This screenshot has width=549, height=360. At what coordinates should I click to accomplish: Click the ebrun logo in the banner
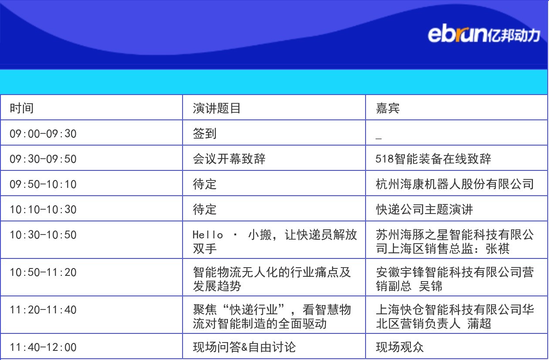484,34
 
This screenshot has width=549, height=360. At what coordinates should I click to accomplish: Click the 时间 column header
22,108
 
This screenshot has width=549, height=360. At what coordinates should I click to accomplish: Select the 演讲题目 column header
217,108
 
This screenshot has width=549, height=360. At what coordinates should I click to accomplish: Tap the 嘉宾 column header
388,108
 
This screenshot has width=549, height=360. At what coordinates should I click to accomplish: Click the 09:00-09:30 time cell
43,134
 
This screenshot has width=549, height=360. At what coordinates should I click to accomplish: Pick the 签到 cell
205,134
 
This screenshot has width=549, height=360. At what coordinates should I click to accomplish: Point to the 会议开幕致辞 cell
229,159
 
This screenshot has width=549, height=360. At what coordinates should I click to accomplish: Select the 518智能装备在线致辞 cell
433,159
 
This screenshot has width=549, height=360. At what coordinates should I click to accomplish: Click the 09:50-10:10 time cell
43,184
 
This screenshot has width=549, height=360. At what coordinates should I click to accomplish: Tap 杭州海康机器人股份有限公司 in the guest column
454,184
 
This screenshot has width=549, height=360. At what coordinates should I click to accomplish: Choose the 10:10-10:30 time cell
43,210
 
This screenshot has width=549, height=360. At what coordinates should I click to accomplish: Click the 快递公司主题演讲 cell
424,210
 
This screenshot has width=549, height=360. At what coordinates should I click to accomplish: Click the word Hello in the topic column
208,234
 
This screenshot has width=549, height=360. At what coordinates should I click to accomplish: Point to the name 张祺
498,249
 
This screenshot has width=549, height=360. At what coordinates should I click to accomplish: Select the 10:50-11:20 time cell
43,272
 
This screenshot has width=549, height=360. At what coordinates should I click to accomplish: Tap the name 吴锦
430,286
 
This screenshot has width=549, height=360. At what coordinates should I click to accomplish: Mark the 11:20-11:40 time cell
43,310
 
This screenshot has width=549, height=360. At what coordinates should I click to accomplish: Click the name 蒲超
479,324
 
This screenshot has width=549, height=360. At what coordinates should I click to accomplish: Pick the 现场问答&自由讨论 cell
244,347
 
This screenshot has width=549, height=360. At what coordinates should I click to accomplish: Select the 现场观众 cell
400,347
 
